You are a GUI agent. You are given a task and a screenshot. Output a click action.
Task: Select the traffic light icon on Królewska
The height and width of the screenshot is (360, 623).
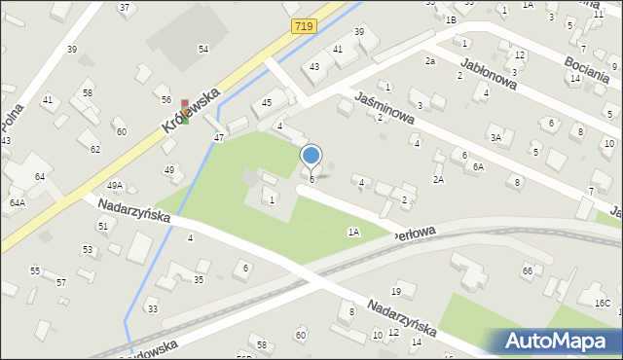184,112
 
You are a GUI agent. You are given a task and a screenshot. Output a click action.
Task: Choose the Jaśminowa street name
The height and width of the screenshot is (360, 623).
385,106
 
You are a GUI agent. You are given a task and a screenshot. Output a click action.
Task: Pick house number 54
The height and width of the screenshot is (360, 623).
203,49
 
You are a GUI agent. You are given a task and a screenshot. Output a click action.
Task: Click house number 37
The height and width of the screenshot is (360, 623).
125,8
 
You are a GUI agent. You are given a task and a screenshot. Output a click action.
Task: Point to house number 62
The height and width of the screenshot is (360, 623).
95,149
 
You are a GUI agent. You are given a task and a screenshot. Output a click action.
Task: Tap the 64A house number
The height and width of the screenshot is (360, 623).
18,202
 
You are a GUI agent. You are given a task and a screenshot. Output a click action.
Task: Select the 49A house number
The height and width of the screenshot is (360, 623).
115,185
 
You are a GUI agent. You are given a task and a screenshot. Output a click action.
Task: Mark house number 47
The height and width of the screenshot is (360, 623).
219,138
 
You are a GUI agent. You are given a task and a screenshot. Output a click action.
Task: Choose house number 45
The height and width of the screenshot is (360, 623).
267,102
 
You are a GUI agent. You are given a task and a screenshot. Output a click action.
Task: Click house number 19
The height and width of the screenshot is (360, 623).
396,291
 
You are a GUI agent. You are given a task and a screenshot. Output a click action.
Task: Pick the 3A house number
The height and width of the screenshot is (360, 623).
495,138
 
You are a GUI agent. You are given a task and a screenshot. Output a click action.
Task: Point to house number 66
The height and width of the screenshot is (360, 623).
528,270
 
